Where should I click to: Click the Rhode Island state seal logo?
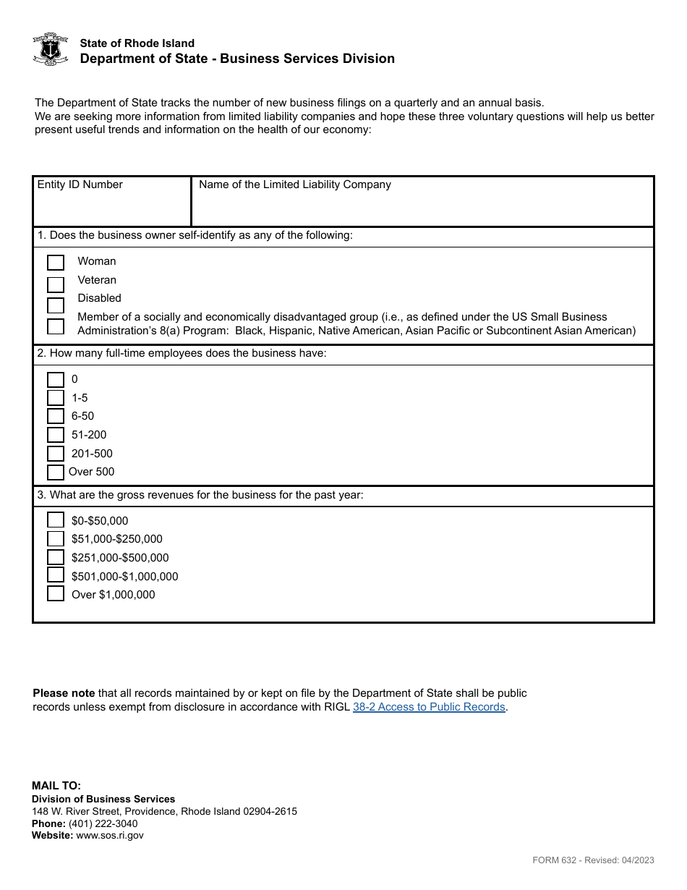click(51, 49)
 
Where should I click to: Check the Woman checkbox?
click(56, 262)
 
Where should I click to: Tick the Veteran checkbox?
click(56, 284)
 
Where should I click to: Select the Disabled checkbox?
click(56, 305)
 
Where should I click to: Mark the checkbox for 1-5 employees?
click(56, 398)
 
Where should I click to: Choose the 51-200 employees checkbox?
click(56, 435)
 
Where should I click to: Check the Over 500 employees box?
click(56, 472)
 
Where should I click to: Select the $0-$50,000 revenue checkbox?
click(56, 520)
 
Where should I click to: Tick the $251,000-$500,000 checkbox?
click(56, 557)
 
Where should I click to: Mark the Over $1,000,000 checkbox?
click(56, 594)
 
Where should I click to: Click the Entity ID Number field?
click(112, 206)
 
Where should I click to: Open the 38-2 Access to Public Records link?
click(429, 707)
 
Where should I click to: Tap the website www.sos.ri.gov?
click(110, 835)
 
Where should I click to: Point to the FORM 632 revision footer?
click(593, 860)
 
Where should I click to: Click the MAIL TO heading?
click(56, 786)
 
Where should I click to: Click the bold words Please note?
click(64, 693)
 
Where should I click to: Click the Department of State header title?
click(237, 59)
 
